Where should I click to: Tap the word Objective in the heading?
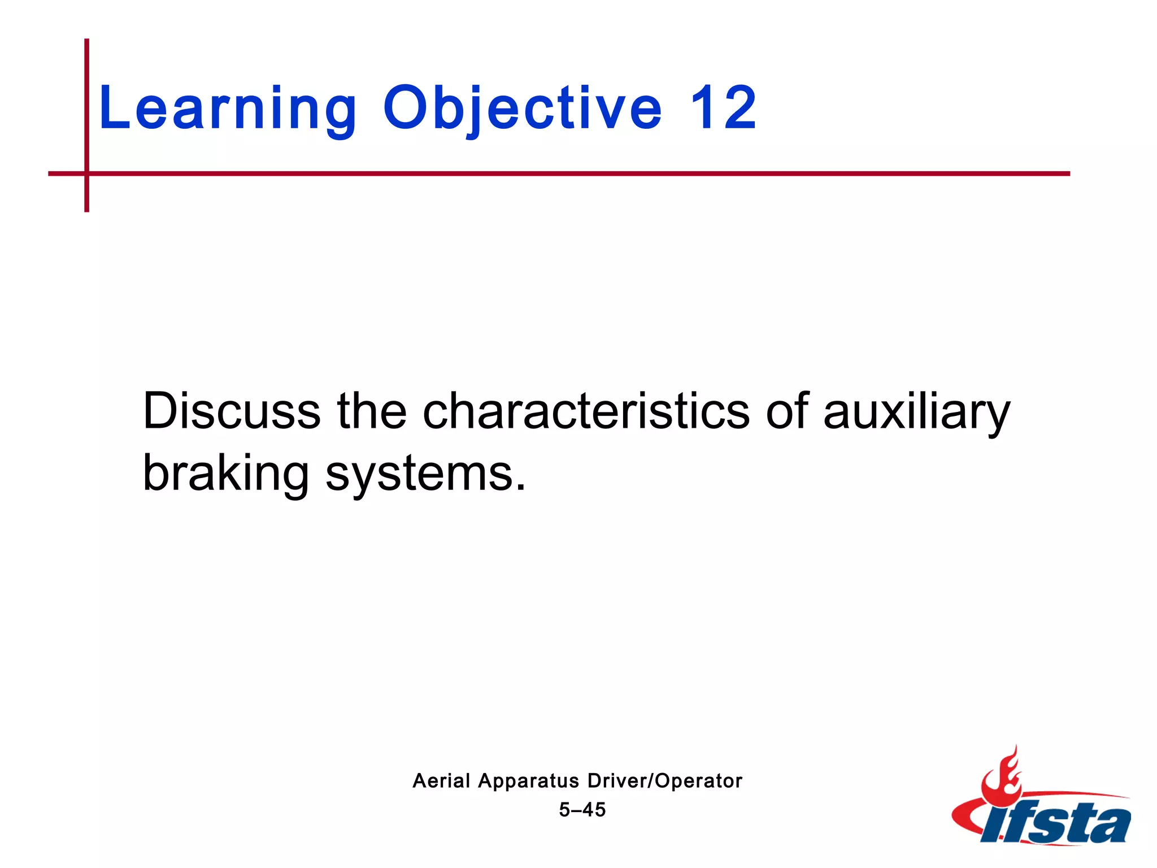pyautogui.click(x=522, y=108)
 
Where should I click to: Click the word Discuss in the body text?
pyautogui.click(x=232, y=411)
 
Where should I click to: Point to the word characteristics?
pyautogui.click(x=586, y=411)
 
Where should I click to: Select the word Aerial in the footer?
pyautogui.click(x=441, y=781)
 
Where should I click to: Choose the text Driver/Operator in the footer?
pyautogui.click(x=664, y=781)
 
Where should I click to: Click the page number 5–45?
pyautogui.click(x=582, y=810)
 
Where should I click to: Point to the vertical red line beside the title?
pyautogui.click(x=87, y=102)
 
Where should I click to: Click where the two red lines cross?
pyautogui.click(x=87, y=173)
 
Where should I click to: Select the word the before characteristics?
pyautogui.click(x=371, y=411)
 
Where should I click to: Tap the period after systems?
pyautogui.click(x=520, y=487)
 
